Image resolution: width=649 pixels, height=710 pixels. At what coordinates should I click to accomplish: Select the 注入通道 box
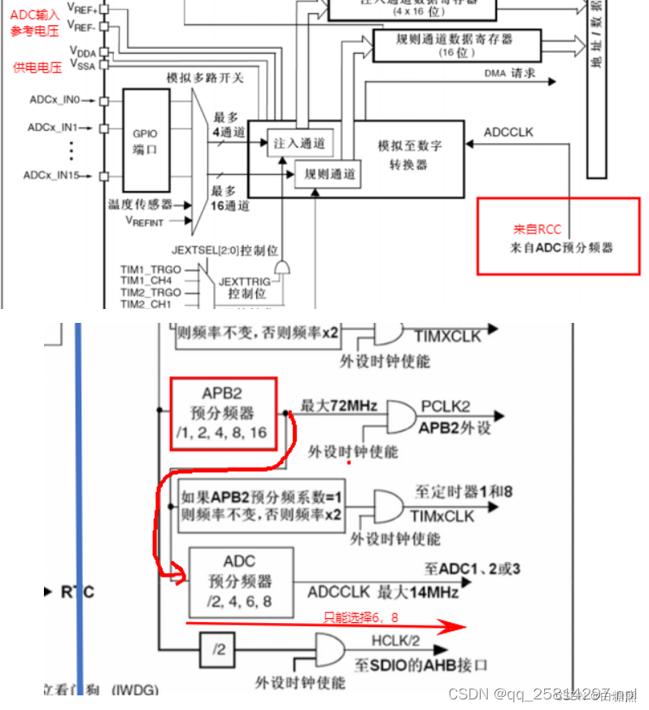[x=298, y=143]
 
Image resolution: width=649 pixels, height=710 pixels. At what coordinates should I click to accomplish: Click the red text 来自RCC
[x=537, y=230]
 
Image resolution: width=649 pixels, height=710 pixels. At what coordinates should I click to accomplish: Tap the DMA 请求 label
[x=510, y=73]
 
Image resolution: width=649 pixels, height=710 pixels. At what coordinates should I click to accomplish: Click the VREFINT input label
[x=145, y=220]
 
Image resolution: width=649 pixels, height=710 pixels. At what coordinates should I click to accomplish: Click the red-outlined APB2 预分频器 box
[x=224, y=412]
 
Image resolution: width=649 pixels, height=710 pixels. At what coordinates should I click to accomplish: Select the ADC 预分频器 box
[x=240, y=582]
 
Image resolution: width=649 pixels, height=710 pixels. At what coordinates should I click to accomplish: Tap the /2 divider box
[x=217, y=649]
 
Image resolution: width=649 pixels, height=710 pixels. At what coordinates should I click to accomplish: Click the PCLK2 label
[x=446, y=406]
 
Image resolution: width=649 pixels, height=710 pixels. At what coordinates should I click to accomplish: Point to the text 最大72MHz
[x=338, y=405]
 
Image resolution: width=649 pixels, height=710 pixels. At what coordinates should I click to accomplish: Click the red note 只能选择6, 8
[x=362, y=616]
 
